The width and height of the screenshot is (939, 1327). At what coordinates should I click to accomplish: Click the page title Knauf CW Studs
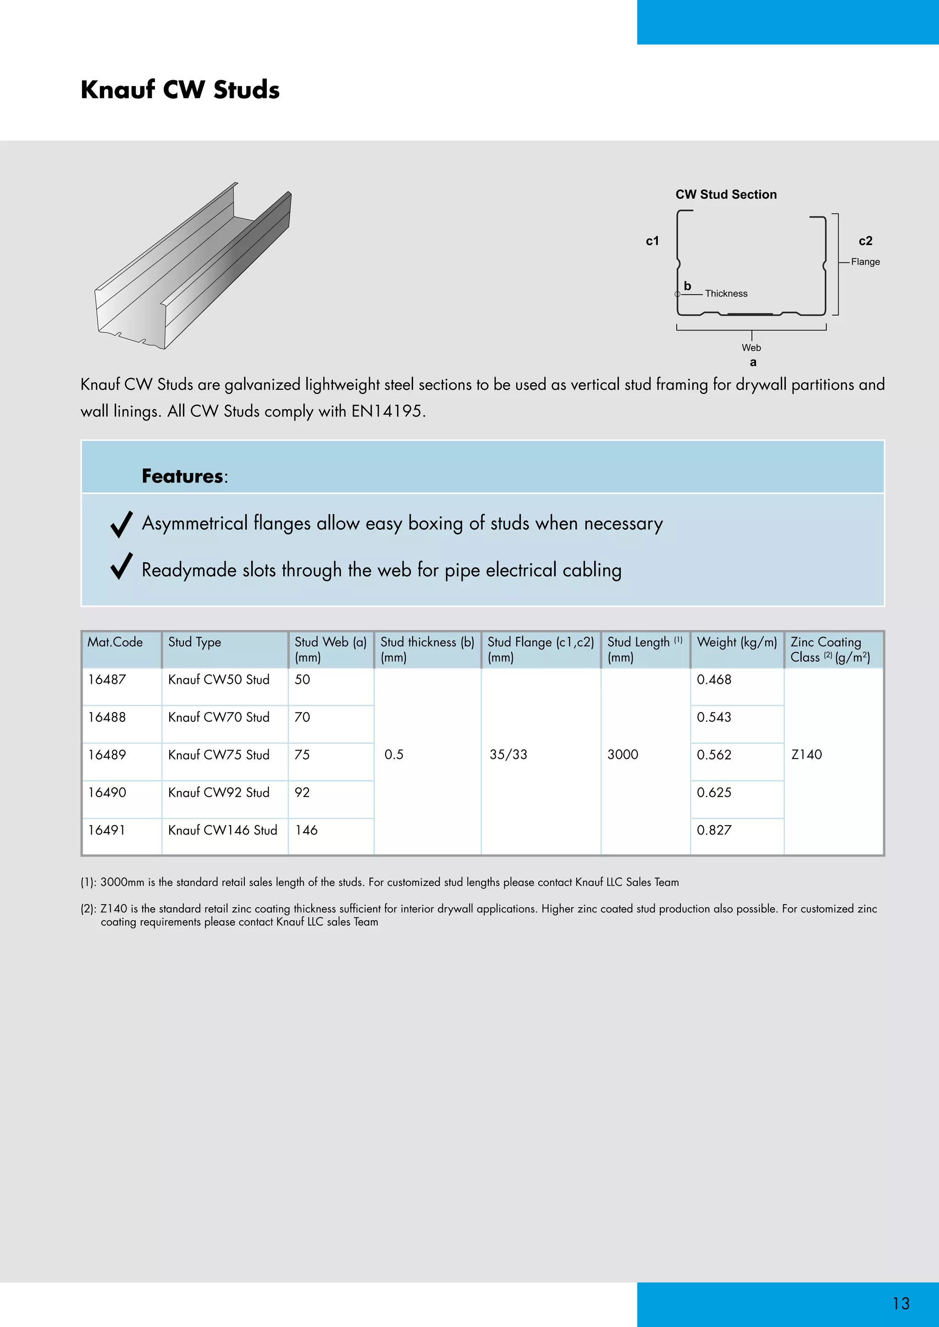coord(180,90)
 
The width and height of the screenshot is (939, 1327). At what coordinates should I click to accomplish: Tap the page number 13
coord(901,1303)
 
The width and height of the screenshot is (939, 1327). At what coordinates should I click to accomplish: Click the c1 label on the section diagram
coord(652,241)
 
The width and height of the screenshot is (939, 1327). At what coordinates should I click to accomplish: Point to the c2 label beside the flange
coord(865,241)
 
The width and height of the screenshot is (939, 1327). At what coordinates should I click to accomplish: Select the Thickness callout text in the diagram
coord(726,294)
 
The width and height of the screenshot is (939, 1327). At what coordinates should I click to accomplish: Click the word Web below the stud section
coord(751,347)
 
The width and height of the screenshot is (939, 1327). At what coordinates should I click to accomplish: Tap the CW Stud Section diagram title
coord(726,195)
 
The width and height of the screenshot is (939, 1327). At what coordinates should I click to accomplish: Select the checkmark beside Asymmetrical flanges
coord(122,524)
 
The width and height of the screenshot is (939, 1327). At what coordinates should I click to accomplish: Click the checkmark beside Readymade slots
coord(122,566)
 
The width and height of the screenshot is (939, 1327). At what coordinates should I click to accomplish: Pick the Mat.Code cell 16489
coord(107,755)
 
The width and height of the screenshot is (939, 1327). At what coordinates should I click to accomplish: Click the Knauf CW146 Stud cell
coord(223,830)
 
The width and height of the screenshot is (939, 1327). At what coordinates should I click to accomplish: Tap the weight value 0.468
coord(713,680)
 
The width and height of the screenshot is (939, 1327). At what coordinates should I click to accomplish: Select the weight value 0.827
coord(713,830)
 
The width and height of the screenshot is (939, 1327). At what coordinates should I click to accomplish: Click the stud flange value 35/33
coord(508,755)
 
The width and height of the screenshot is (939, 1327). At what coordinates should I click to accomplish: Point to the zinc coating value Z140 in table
coord(806,755)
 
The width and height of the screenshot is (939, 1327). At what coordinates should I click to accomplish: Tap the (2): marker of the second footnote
coord(88,909)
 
